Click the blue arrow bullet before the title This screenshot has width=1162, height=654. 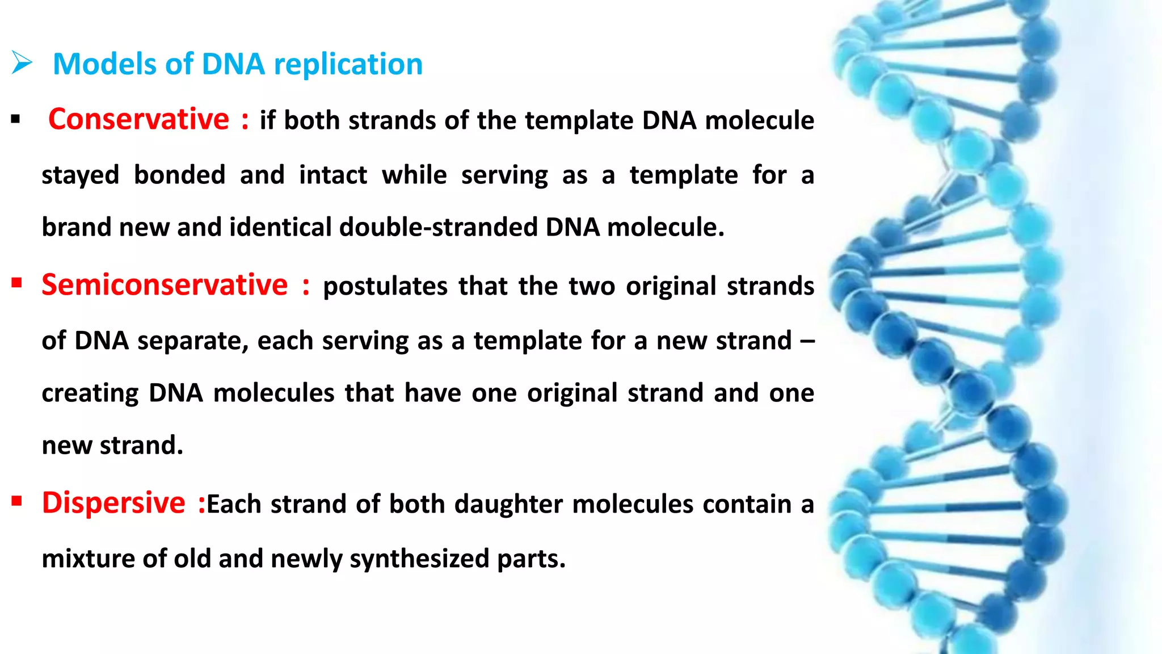[x=22, y=62]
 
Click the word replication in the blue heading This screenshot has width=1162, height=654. [x=348, y=64]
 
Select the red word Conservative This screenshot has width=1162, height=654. [x=138, y=119]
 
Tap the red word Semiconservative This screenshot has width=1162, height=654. [x=165, y=285]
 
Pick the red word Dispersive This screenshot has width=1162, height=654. [x=113, y=503]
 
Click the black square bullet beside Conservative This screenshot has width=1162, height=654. [x=15, y=120]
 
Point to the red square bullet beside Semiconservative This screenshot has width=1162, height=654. [x=16, y=283]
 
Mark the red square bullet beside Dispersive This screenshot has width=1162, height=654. [x=16, y=501]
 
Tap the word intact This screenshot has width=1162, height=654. [x=333, y=175]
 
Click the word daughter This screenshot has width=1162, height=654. [x=509, y=504]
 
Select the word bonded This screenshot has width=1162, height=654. [x=179, y=175]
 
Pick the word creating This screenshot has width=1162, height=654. [x=90, y=393]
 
